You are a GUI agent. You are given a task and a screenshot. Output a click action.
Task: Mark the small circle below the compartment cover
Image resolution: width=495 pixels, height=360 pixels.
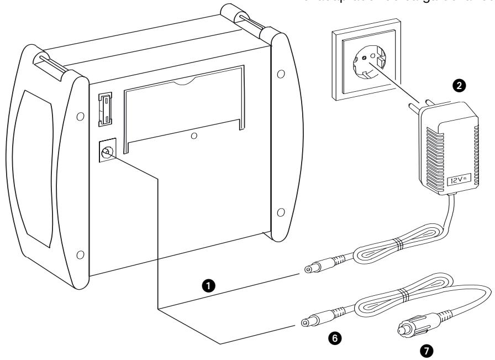tap(194, 135)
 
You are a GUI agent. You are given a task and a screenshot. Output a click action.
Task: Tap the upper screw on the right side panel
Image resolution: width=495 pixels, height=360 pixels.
tap(281, 74)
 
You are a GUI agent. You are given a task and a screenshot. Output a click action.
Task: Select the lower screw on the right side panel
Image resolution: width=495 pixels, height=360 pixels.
tap(281, 213)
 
